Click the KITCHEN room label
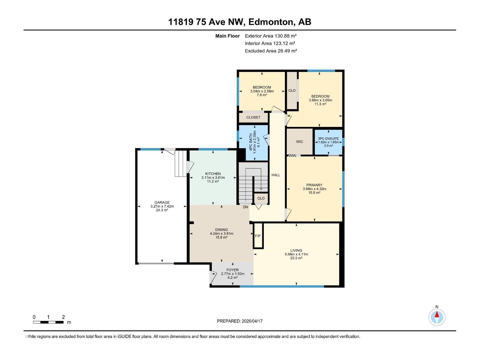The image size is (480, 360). click(213, 174)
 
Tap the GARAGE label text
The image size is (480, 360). click(162, 202)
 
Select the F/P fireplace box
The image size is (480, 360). click(258, 236)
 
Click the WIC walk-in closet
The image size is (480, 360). click(299, 142)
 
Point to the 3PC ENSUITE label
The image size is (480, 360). click(328, 139)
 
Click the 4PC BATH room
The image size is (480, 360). click(253, 142)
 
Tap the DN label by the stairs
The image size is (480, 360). click(245, 207)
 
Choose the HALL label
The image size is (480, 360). click(276, 175)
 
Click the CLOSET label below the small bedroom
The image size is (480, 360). click(253, 117)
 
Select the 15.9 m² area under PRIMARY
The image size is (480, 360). click(314, 193)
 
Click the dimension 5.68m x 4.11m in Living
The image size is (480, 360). click(296, 254)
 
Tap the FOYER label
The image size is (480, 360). click(232, 270)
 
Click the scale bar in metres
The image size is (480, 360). click(48, 322)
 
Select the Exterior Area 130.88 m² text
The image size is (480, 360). click(271, 36)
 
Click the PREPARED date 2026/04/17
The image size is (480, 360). click(240, 321)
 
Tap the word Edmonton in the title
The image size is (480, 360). click(271, 22)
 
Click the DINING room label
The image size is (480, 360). click(221, 229)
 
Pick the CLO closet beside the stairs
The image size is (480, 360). click(261, 198)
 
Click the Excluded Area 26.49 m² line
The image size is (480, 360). click(271, 51)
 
